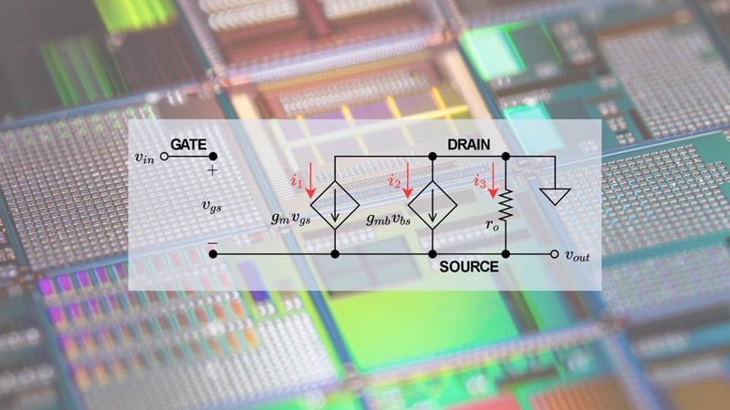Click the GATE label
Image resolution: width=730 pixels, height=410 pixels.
(x=189, y=145)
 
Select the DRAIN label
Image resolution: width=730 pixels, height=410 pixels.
(x=468, y=145)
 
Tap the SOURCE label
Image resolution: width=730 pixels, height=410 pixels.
(x=469, y=266)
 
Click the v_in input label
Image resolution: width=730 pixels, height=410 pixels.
(x=144, y=158)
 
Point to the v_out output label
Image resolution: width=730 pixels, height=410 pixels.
(x=578, y=255)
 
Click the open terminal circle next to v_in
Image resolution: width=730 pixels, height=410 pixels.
(x=164, y=157)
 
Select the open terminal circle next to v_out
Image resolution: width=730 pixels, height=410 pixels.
(x=554, y=254)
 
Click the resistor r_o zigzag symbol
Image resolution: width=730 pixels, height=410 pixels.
(x=506, y=204)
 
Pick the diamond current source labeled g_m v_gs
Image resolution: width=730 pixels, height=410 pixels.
(x=335, y=205)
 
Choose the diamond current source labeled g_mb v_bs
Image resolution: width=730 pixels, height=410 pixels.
(x=433, y=205)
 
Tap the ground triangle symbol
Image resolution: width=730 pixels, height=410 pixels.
(x=555, y=196)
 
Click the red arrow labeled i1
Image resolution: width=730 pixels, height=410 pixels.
(x=310, y=180)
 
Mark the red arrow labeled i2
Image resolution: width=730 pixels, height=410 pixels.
(x=408, y=180)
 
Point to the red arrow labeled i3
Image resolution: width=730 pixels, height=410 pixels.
(x=493, y=180)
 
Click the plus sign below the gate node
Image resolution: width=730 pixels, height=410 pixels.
(x=213, y=170)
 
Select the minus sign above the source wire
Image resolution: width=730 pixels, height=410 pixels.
(x=213, y=243)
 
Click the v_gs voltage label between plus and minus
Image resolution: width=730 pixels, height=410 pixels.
(x=212, y=206)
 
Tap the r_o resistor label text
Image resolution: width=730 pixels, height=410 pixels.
(x=492, y=225)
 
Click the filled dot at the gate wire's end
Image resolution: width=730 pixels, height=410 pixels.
(x=213, y=157)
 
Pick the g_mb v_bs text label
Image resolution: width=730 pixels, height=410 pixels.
(x=389, y=219)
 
